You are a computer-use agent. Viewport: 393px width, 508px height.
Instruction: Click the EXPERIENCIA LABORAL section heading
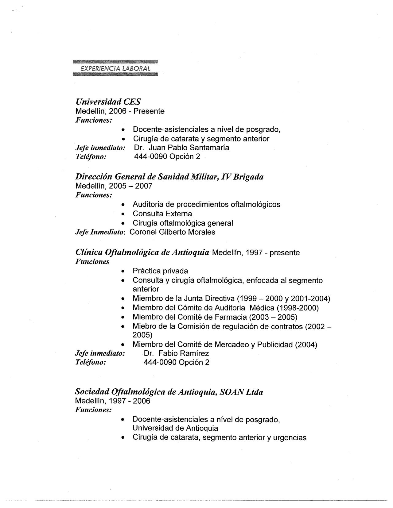pyautogui.click(x=115, y=68)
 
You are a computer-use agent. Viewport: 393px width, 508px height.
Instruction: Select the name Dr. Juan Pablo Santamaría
pyautogui.click(x=181, y=148)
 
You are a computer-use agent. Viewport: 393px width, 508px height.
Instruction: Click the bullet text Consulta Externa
pyautogui.click(x=162, y=214)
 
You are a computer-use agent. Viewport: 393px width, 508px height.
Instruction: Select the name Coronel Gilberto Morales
pyautogui.click(x=172, y=232)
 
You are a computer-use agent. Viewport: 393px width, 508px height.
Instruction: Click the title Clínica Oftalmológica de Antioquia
pyautogui.click(x=142, y=252)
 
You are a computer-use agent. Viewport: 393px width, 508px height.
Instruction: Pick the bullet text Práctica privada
pyautogui.click(x=160, y=271)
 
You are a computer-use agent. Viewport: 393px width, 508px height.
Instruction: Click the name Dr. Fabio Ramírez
pyautogui.click(x=176, y=353)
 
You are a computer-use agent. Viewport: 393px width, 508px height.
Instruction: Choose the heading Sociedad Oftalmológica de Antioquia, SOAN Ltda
pyautogui.click(x=169, y=392)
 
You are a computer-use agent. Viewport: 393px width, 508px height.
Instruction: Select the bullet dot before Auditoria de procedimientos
pyautogui.click(x=123, y=205)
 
